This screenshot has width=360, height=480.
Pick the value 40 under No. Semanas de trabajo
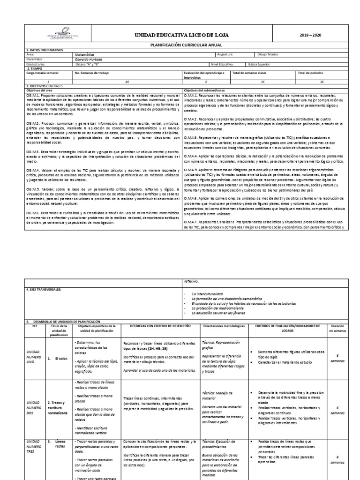click(126, 82)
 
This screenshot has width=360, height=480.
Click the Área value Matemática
click(84, 54)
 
